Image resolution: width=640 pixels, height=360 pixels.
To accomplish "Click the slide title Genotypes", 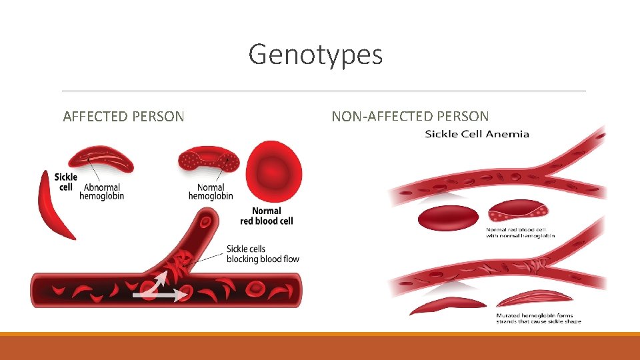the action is pos(315,54).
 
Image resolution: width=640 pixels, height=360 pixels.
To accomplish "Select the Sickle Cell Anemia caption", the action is pos(477,134).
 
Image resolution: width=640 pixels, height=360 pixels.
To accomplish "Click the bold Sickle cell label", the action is pos(66,181).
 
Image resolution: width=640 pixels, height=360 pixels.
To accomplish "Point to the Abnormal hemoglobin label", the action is pos(101,192).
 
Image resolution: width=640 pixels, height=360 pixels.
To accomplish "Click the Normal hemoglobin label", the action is pos(211,192).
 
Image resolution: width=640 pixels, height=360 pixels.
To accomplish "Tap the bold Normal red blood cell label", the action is pos(266,215).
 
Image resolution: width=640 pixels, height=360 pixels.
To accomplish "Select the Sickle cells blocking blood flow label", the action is pos(263,254).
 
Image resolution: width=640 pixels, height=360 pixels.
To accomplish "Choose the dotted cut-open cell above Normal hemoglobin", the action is pos(209,161).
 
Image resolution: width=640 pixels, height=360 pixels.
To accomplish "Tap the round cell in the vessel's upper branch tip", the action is pos(206,221).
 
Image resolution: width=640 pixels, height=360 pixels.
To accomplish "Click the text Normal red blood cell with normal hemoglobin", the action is pos(520,233).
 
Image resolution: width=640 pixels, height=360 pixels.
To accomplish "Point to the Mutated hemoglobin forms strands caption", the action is pos(538,318).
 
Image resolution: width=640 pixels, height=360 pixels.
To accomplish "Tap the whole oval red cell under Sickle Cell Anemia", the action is pos(447,217).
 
